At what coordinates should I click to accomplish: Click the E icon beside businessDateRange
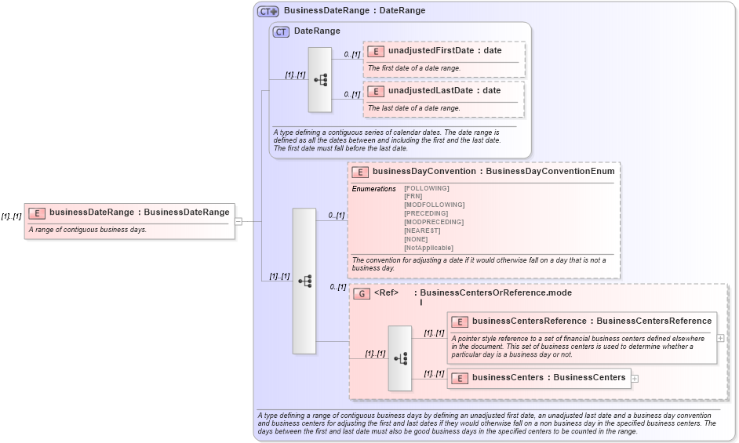coord(36,212)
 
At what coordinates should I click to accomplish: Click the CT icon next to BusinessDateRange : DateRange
coord(268,11)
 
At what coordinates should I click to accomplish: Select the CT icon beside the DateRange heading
coord(281,31)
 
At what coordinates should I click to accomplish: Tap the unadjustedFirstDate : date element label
coord(445,50)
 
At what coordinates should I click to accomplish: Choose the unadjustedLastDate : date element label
coord(444,90)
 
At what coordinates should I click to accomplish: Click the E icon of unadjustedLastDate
coord(377,91)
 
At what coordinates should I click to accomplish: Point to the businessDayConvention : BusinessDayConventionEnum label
coord(493,171)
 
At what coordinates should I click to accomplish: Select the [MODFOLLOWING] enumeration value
coord(434,205)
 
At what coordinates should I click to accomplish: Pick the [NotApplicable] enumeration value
coord(428,248)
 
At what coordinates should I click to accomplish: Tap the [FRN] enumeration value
coord(413,196)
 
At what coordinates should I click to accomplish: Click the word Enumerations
coord(373,188)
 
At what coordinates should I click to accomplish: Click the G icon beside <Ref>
coord(362,293)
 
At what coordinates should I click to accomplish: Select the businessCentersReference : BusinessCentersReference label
coord(592,321)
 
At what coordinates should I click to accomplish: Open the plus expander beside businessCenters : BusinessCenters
coord(635,378)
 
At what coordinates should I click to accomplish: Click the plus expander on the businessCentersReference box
coord(720,338)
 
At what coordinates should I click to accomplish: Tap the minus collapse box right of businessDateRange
coord(238,221)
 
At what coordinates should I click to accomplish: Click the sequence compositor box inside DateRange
coord(320,79)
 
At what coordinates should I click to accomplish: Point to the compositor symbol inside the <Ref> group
coord(400,358)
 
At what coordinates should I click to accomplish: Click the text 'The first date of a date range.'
coord(414,68)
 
